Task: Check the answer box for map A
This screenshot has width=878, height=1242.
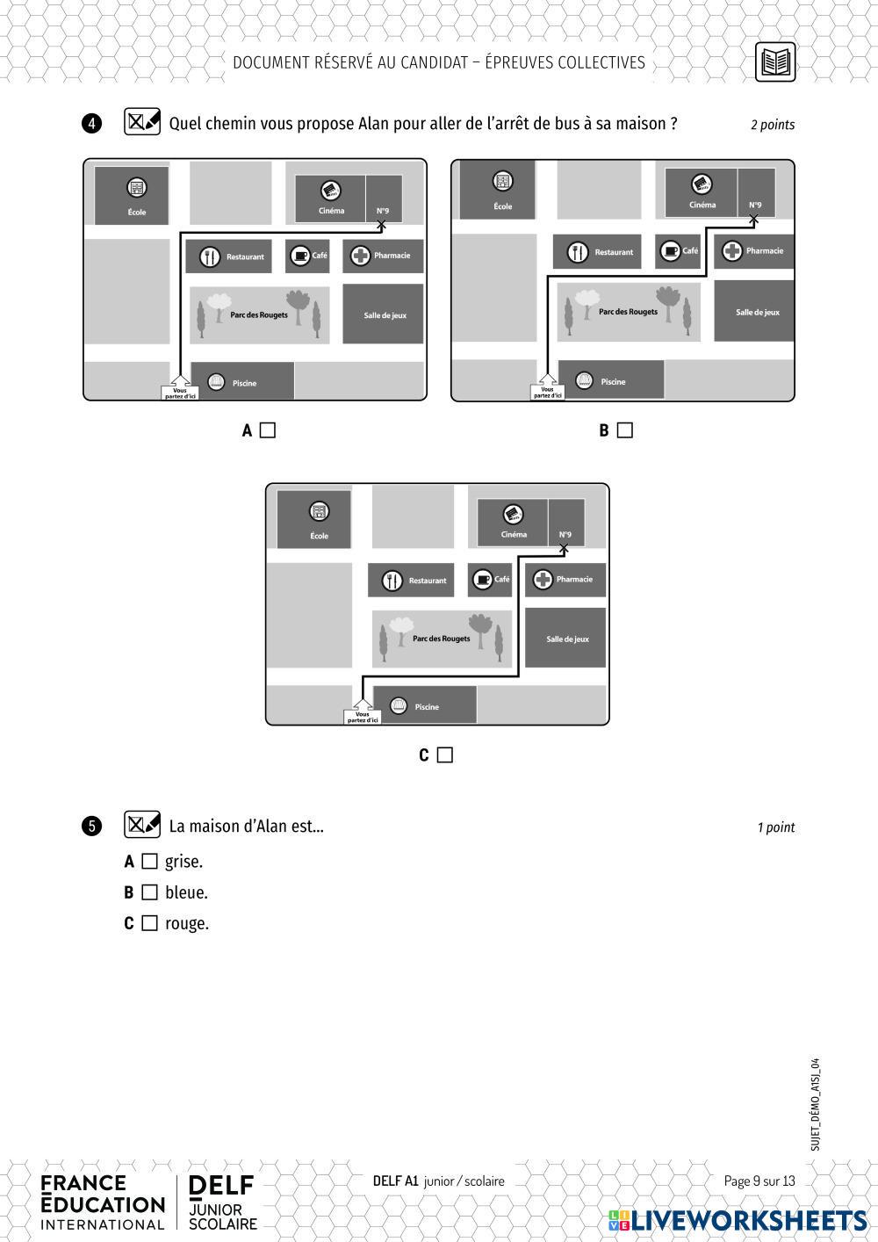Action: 268,430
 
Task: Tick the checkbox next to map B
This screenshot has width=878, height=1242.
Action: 625,430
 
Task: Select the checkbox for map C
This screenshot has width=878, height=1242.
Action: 445,755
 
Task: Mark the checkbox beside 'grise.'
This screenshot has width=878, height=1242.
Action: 150,862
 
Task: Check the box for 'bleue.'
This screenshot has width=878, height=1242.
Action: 150,892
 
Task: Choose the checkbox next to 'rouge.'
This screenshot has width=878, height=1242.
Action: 150,923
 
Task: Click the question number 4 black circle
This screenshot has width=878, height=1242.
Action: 92,124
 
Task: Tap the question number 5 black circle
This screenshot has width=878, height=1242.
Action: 92,827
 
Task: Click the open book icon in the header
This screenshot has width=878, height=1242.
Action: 775,62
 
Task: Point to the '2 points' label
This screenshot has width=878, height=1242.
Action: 773,125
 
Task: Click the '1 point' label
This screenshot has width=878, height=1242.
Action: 776,827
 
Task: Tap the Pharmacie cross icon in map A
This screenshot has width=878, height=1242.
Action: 360,256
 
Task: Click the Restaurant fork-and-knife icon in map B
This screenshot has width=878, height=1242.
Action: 578,252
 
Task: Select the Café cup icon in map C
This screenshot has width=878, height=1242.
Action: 482,580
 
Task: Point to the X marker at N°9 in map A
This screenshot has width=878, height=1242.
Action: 381,226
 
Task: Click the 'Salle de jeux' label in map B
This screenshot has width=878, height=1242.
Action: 758,313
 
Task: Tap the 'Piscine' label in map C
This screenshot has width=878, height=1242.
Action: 427,707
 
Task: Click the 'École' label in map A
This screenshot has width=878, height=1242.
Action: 136,213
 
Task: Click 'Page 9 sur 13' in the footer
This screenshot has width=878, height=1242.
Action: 759,1181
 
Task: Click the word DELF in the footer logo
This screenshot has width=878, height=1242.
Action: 221,1186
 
